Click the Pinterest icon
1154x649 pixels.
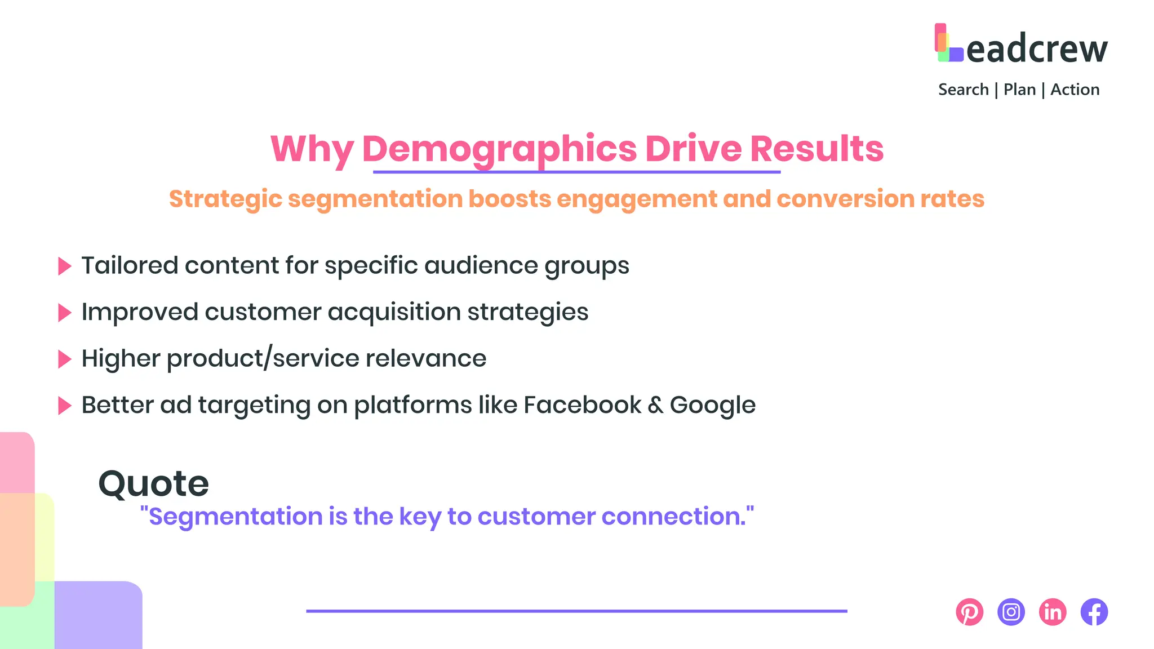point(969,612)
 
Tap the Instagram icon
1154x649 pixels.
point(1011,612)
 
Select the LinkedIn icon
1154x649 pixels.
point(1053,612)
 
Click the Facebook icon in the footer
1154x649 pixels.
point(1094,612)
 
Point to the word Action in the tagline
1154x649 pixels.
point(1075,90)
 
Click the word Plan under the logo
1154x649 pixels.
point(1019,90)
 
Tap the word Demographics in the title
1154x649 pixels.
point(499,149)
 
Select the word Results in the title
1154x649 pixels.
point(816,149)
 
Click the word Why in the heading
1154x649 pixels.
point(312,149)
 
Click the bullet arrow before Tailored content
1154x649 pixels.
point(65,266)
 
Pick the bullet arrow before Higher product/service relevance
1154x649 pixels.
point(65,359)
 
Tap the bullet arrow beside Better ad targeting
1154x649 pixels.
point(65,406)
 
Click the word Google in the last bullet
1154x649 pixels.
point(712,406)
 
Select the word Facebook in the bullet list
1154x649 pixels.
point(582,405)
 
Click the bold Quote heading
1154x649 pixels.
point(153,483)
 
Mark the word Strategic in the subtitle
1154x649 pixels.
point(225,199)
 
